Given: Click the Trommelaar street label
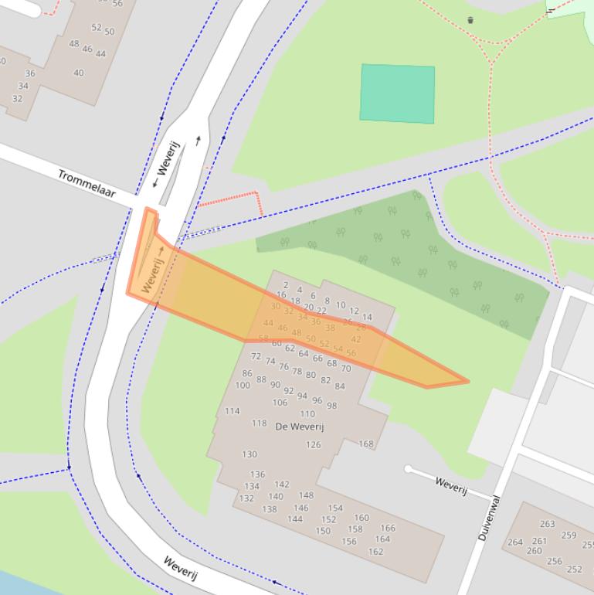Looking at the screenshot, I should pos(87,183).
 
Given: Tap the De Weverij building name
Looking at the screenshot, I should pos(299,427).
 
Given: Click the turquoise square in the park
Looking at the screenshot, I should pos(397,93).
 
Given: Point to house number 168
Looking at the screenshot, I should pos(366,444).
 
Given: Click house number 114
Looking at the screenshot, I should pos(232,411).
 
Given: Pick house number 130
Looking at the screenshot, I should pos(249,454).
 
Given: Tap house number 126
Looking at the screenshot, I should pos(313,444).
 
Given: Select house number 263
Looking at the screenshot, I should pos(547,524).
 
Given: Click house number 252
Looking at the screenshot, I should pos(574,569).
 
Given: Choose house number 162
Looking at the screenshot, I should pos(375,552).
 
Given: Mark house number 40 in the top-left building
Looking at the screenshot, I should pos(79,73).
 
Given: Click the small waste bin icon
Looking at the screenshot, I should pos(470,20).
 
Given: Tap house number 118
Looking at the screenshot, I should pos(259,423).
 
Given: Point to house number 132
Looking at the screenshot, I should pos(246,498).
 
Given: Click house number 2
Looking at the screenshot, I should pos(286,285).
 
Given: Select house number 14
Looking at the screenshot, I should pos(367,317).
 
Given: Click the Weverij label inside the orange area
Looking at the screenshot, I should pos(152,274).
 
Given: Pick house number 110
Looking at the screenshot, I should pos(307,413).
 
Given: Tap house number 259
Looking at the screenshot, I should pos(569,535).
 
